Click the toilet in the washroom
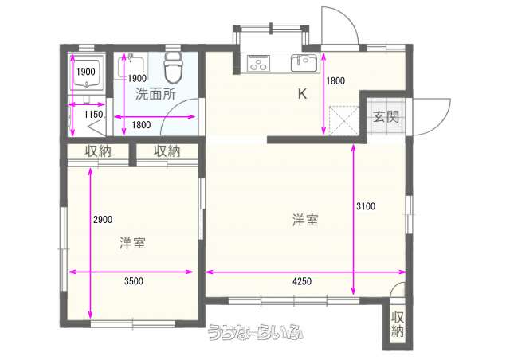coord(172,68)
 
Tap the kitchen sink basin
coord(304,62)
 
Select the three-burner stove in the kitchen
coord(258,63)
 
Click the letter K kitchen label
coord(303,94)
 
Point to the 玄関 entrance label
coord(386,116)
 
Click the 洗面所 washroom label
coord(155,94)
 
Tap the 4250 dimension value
coord(302,281)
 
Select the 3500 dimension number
coord(134,280)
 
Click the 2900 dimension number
coord(103,220)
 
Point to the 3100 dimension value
coord(366,206)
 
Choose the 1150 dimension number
coord(94,114)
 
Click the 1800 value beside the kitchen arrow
coord(335,80)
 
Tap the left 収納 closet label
coord(98,151)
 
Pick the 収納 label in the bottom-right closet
coord(398,324)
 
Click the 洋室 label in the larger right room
coord(305,220)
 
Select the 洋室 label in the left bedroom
coord(133,243)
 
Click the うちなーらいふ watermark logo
coord(256,332)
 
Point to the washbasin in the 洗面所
coord(132,67)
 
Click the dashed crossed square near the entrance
coord(343,120)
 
